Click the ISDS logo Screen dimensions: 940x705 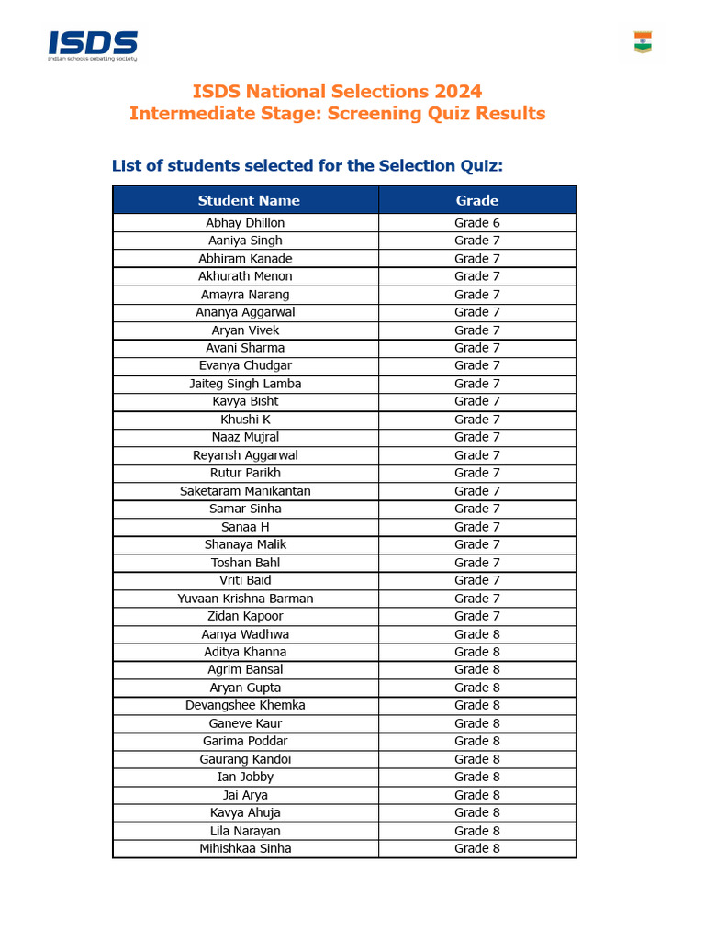93,45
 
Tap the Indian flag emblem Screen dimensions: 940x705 643,42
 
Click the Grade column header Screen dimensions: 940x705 477,200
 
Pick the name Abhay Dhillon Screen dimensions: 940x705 245,223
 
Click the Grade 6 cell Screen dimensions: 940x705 477,223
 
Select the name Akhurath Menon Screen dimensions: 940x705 245,276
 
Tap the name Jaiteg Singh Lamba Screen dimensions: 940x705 245,384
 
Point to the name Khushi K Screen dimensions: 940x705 245,420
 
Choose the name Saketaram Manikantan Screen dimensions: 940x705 245,491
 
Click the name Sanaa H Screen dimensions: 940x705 245,527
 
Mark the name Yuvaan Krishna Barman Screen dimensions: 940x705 245,599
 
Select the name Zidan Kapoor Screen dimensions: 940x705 245,616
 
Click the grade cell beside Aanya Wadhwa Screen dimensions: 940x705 477,634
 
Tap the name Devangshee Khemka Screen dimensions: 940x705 245,705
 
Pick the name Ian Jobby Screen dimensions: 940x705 245,777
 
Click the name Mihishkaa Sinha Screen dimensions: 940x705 245,848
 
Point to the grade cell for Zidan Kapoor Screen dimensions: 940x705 477,616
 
